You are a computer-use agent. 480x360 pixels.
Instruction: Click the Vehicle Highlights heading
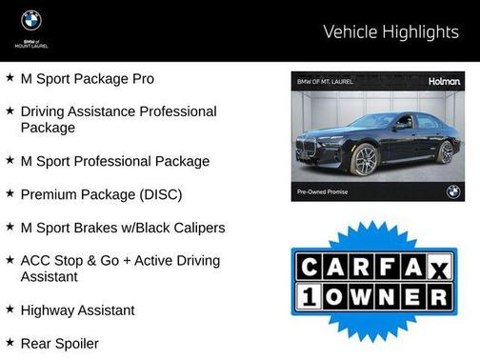pyautogui.click(x=390, y=31)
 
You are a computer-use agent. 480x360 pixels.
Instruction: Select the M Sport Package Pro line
pyautogui.click(x=87, y=78)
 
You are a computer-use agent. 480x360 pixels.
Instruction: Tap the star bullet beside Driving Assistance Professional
pyautogui.click(x=10, y=111)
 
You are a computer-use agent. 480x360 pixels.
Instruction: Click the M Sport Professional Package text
pyautogui.click(x=114, y=161)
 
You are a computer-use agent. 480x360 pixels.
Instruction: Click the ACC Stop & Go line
pyautogui.click(x=119, y=260)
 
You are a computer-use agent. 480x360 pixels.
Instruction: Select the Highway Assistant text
pyautogui.click(x=77, y=310)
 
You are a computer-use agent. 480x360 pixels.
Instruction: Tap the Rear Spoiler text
pyautogui.click(x=59, y=343)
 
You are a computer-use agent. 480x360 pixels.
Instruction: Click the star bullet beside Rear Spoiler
pyautogui.click(x=10, y=342)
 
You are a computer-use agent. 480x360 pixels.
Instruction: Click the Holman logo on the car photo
pyautogui.click(x=443, y=82)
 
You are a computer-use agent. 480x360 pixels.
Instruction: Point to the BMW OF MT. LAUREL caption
pyautogui.click(x=325, y=83)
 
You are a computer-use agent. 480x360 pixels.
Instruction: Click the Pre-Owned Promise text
pyautogui.click(x=323, y=191)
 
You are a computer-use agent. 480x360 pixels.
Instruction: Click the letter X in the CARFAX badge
pyautogui.click(x=440, y=270)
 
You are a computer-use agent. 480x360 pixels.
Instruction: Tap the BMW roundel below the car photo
pyautogui.click(x=452, y=190)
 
